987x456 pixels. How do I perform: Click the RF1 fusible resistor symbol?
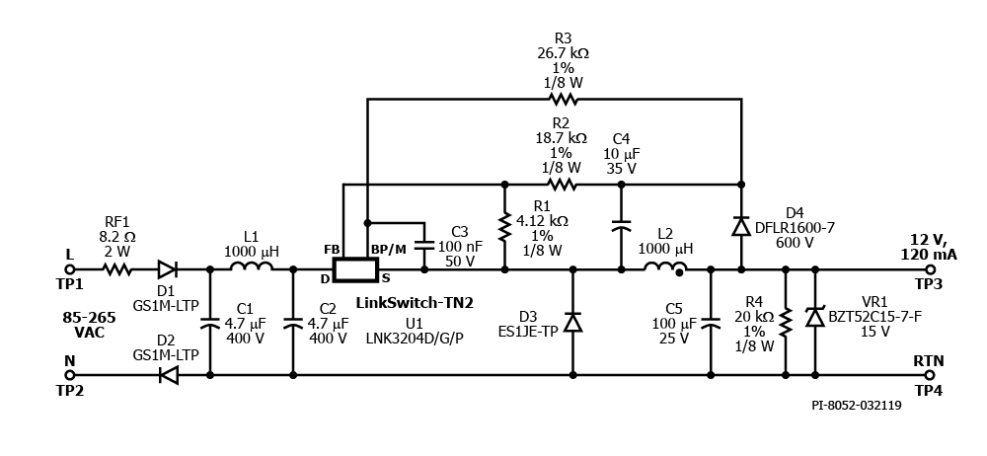pos(117,268)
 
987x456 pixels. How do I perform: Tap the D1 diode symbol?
pos(167,268)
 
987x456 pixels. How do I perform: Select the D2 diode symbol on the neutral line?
pos(167,375)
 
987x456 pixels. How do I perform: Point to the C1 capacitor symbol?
pos(210,322)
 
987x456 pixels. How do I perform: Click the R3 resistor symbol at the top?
pos(565,99)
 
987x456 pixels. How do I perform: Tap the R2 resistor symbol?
pos(564,184)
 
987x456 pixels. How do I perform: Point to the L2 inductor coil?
pos(664,267)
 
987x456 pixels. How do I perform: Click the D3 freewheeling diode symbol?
pos(572,322)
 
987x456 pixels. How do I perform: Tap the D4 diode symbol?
pos(740,226)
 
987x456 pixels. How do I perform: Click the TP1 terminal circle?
pos(69,268)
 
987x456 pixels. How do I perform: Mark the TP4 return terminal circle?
pos(929,375)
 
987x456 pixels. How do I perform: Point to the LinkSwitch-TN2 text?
pos(415,303)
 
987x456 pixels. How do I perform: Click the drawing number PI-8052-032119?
pos(856,404)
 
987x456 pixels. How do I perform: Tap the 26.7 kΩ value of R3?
pos(564,52)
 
